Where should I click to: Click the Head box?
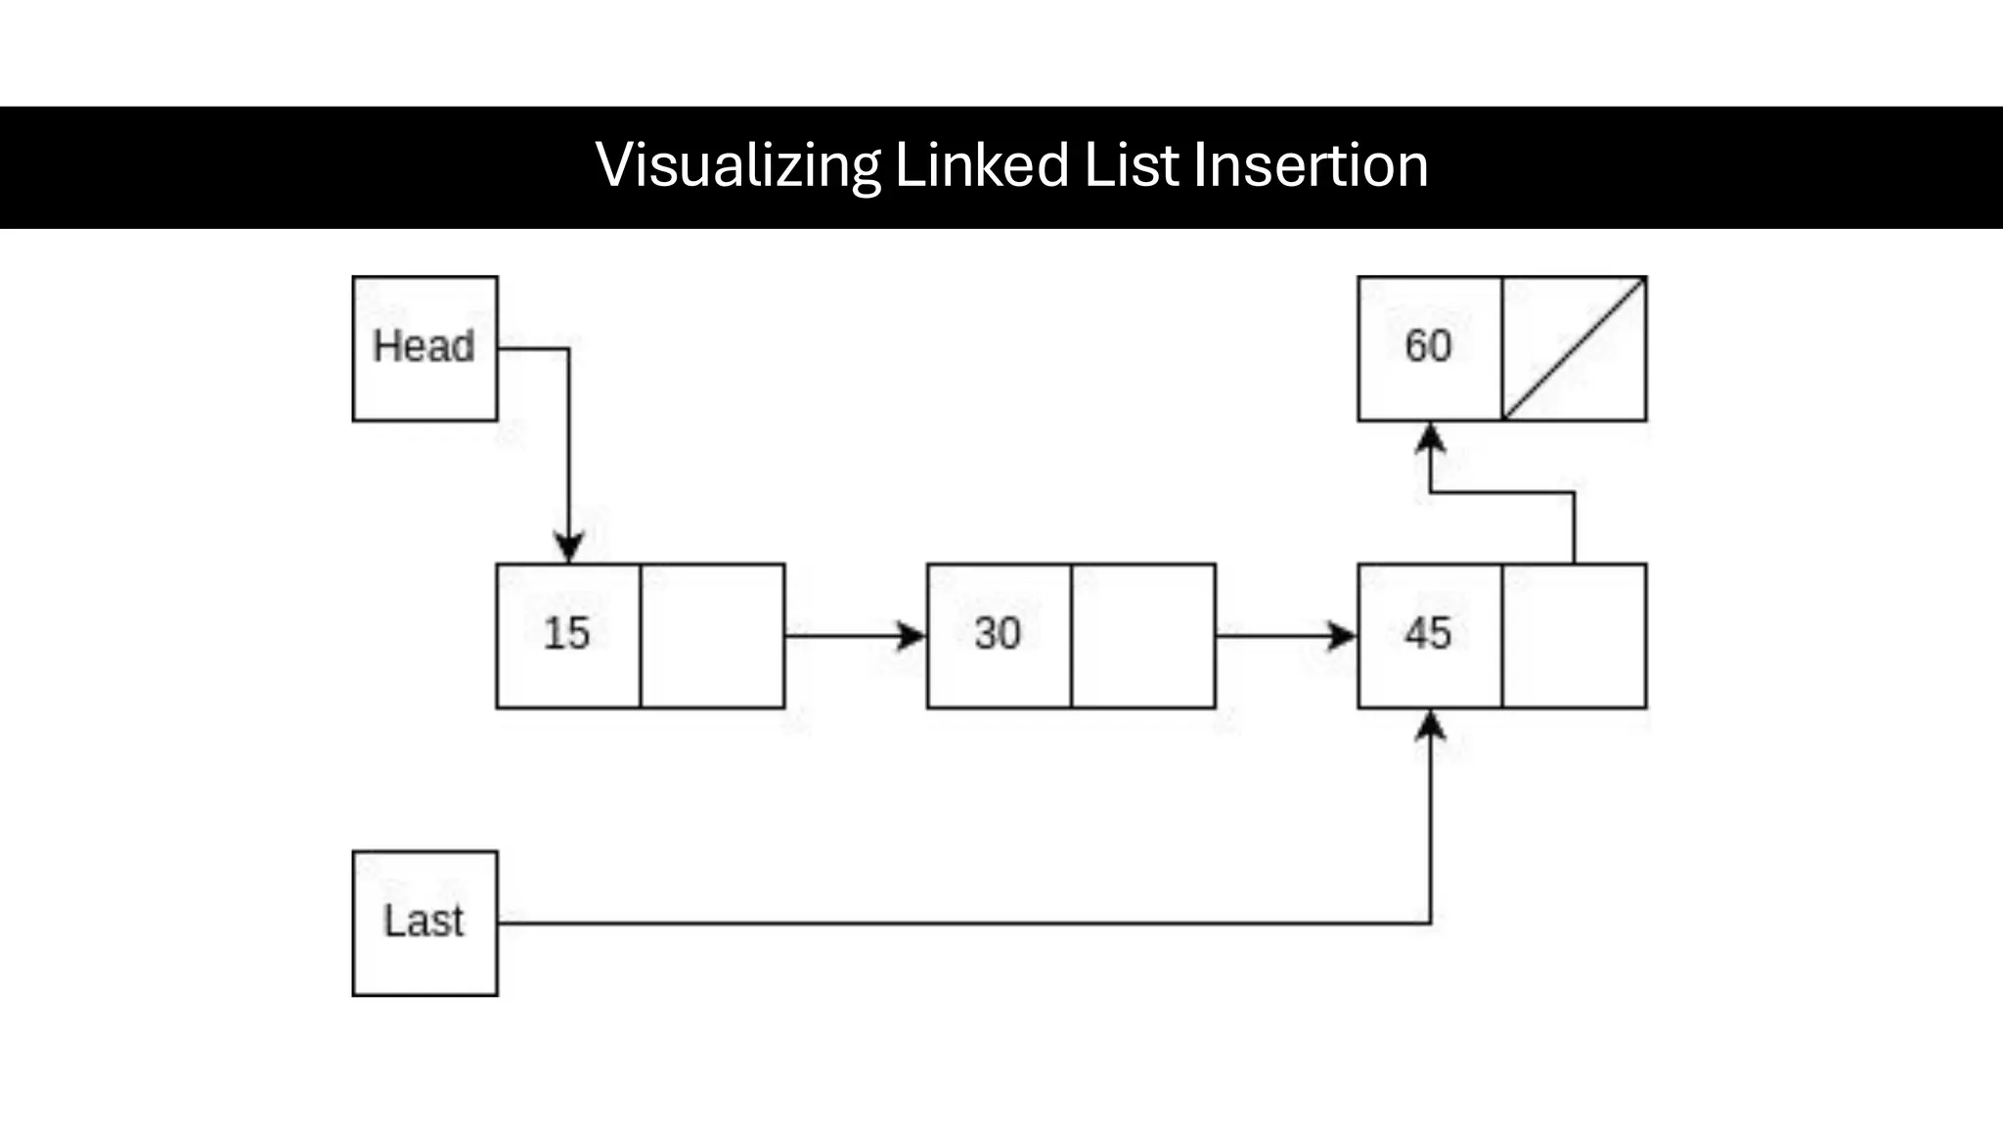tap(424, 348)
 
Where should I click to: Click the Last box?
tap(424, 923)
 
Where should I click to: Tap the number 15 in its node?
tap(567, 633)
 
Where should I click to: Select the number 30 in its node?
tap(998, 633)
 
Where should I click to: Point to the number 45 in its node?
tap(1428, 633)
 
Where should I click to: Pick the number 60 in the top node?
tap(1428, 346)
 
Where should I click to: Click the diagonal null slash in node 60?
tap(1575, 348)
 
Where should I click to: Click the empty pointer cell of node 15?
tap(712, 636)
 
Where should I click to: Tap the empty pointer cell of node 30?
tap(1142, 636)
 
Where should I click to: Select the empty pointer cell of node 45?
tap(1574, 636)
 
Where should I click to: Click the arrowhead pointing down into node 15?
tap(569, 547)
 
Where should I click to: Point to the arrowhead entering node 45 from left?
tap(1342, 636)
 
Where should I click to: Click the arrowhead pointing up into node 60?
tap(1431, 437)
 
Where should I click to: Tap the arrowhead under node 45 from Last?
tap(1431, 725)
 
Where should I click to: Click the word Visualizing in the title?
tap(737, 165)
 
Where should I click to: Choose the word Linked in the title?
tap(982, 165)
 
